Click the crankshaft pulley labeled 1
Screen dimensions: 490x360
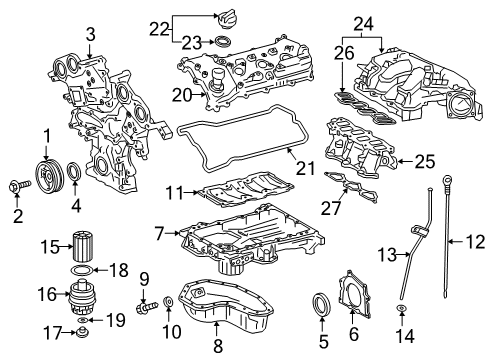pyautogui.click(x=48, y=176)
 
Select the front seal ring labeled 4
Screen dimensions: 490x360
pyautogui.click(x=74, y=171)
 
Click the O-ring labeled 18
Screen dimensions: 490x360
pyautogui.click(x=82, y=270)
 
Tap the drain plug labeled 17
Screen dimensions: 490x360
pyautogui.click(x=82, y=332)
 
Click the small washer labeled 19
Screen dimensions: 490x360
pyautogui.click(x=82, y=320)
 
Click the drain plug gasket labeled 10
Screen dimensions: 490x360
pyautogui.click(x=168, y=302)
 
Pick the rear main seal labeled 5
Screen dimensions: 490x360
pyautogui.click(x=321, y=303)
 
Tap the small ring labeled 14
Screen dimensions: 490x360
pyautogui.click(x=402, y=310)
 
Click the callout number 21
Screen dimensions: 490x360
pyautogui.click(x=305, y=168)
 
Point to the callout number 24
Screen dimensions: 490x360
pyautogui.click(x=363, y=24)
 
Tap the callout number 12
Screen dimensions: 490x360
pyautogui.click(x=476, y=242)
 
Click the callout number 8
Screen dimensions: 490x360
pyautogui.click(x=218, y=346)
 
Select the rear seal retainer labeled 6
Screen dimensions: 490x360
pyautogui.click(x=354, y=294)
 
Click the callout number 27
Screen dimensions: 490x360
pyautogui.click(x=331, y=208)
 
